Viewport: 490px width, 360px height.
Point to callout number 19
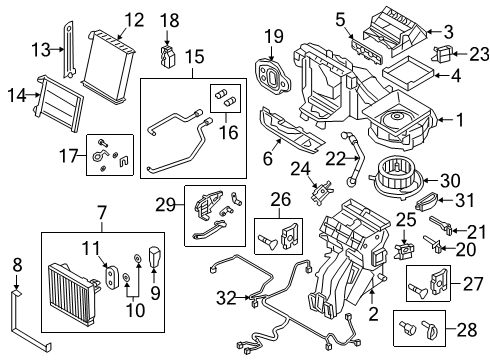click(274, 38)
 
